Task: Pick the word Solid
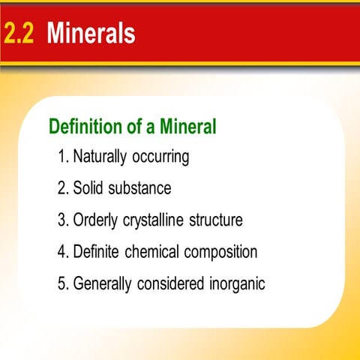[x=88, y=188]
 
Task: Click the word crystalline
[x=160, y=220]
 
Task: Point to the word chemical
[x=161, y=252]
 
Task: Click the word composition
[x=224, y=253]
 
